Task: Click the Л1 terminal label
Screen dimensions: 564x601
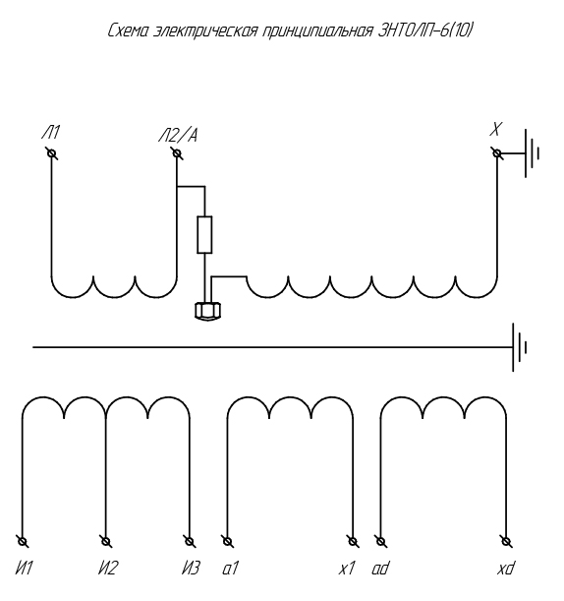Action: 50,133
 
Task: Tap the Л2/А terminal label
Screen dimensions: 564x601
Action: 178,136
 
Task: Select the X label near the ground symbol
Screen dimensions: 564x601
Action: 496,129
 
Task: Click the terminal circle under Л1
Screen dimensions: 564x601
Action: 52,153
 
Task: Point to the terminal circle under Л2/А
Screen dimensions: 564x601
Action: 177,153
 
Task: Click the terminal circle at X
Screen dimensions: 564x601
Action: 497,153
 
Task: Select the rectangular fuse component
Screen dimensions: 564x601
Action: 204,234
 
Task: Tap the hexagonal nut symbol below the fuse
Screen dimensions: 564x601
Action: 207,311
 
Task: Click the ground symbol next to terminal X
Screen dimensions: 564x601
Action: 533,153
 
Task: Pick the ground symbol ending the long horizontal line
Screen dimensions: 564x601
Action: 520,347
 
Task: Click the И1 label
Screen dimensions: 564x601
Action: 25,568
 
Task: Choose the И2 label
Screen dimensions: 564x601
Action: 108,568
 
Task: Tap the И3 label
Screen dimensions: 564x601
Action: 191,568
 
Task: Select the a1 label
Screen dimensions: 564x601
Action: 230,568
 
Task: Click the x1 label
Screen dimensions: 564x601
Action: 347,568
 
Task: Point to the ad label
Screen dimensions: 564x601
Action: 380,568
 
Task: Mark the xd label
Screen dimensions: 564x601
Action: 506,568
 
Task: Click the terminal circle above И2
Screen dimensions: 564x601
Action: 106,542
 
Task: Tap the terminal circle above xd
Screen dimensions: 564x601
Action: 506,542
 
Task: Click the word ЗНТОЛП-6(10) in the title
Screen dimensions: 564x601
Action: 425,30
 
